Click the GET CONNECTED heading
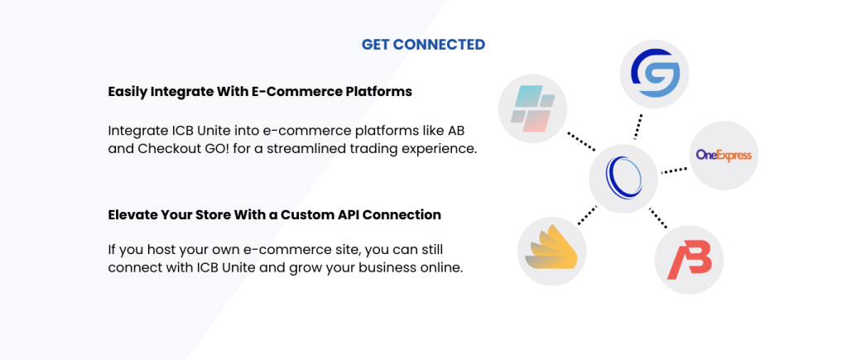[423, 44]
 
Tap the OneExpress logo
[723, 156]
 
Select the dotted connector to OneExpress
[674, 169]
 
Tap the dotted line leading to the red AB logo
[658, 218]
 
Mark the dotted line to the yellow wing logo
[588, 214]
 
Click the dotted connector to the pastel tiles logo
[579, 142]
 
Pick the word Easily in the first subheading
[128, 92]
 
